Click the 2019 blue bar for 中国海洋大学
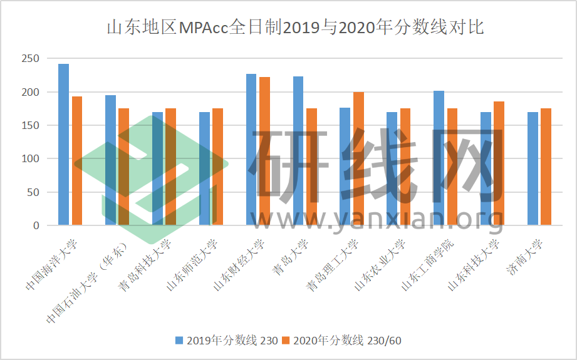click(x=63, y=144)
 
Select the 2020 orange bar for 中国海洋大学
click(x=77, y=160)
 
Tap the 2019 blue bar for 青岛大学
click(x=298, y=150)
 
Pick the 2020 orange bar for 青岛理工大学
click(x=358, y=158)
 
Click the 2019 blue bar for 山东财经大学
click(x=251, y=149)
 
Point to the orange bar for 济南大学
click(x=546, y=167)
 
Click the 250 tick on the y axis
click(x=30, y=59)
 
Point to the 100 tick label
click(x=30, y=159)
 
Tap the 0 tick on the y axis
click(x=36, y=225)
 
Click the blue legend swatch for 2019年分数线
click(x=179, y=340)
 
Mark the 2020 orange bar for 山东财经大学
click(x=264, y=151)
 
